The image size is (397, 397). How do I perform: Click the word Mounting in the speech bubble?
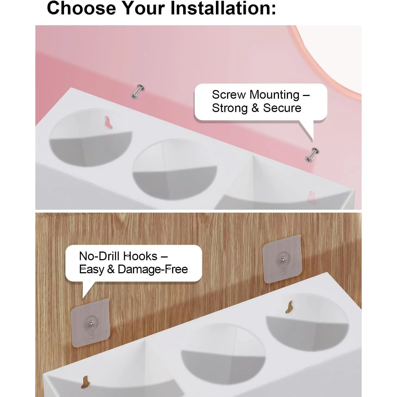(274, 95)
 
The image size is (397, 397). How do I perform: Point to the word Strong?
(230, 108)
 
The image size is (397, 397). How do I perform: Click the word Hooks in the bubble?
(140, 256)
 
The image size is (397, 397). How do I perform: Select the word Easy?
(92, 269)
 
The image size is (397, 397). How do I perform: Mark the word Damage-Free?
(153, 269)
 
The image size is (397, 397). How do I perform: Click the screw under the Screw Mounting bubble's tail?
(312, 155)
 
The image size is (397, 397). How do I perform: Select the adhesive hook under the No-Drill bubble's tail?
(91, 323)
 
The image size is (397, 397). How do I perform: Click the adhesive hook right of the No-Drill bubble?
(282, 259)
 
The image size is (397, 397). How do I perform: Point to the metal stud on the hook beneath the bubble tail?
(91, 324)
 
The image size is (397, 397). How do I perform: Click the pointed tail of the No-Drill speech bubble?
(83, 298)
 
